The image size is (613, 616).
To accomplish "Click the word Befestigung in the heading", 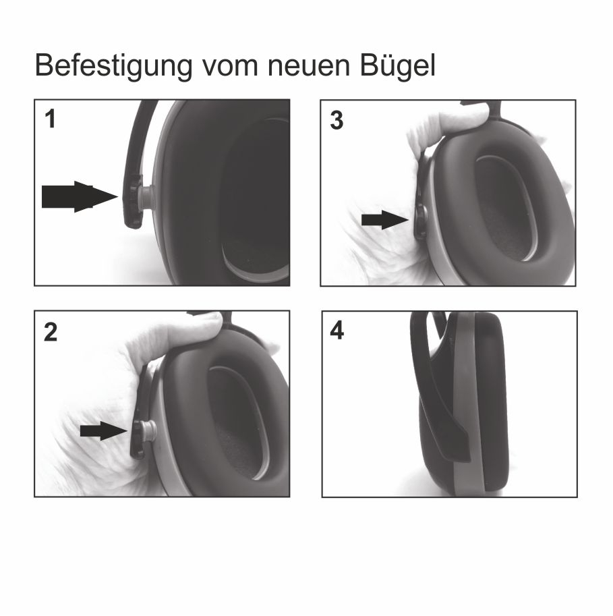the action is [113, 65].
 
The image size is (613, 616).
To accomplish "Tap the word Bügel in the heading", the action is [397, 65].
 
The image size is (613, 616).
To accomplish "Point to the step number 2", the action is [51, 333].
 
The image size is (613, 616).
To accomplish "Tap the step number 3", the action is [337, 120].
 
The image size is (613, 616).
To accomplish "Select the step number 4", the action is [337, 331].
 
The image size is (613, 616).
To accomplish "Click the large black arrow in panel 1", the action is [80, 196].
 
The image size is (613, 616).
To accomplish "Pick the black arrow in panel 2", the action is [104, 430].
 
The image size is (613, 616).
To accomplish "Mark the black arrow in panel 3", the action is [385, 220].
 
